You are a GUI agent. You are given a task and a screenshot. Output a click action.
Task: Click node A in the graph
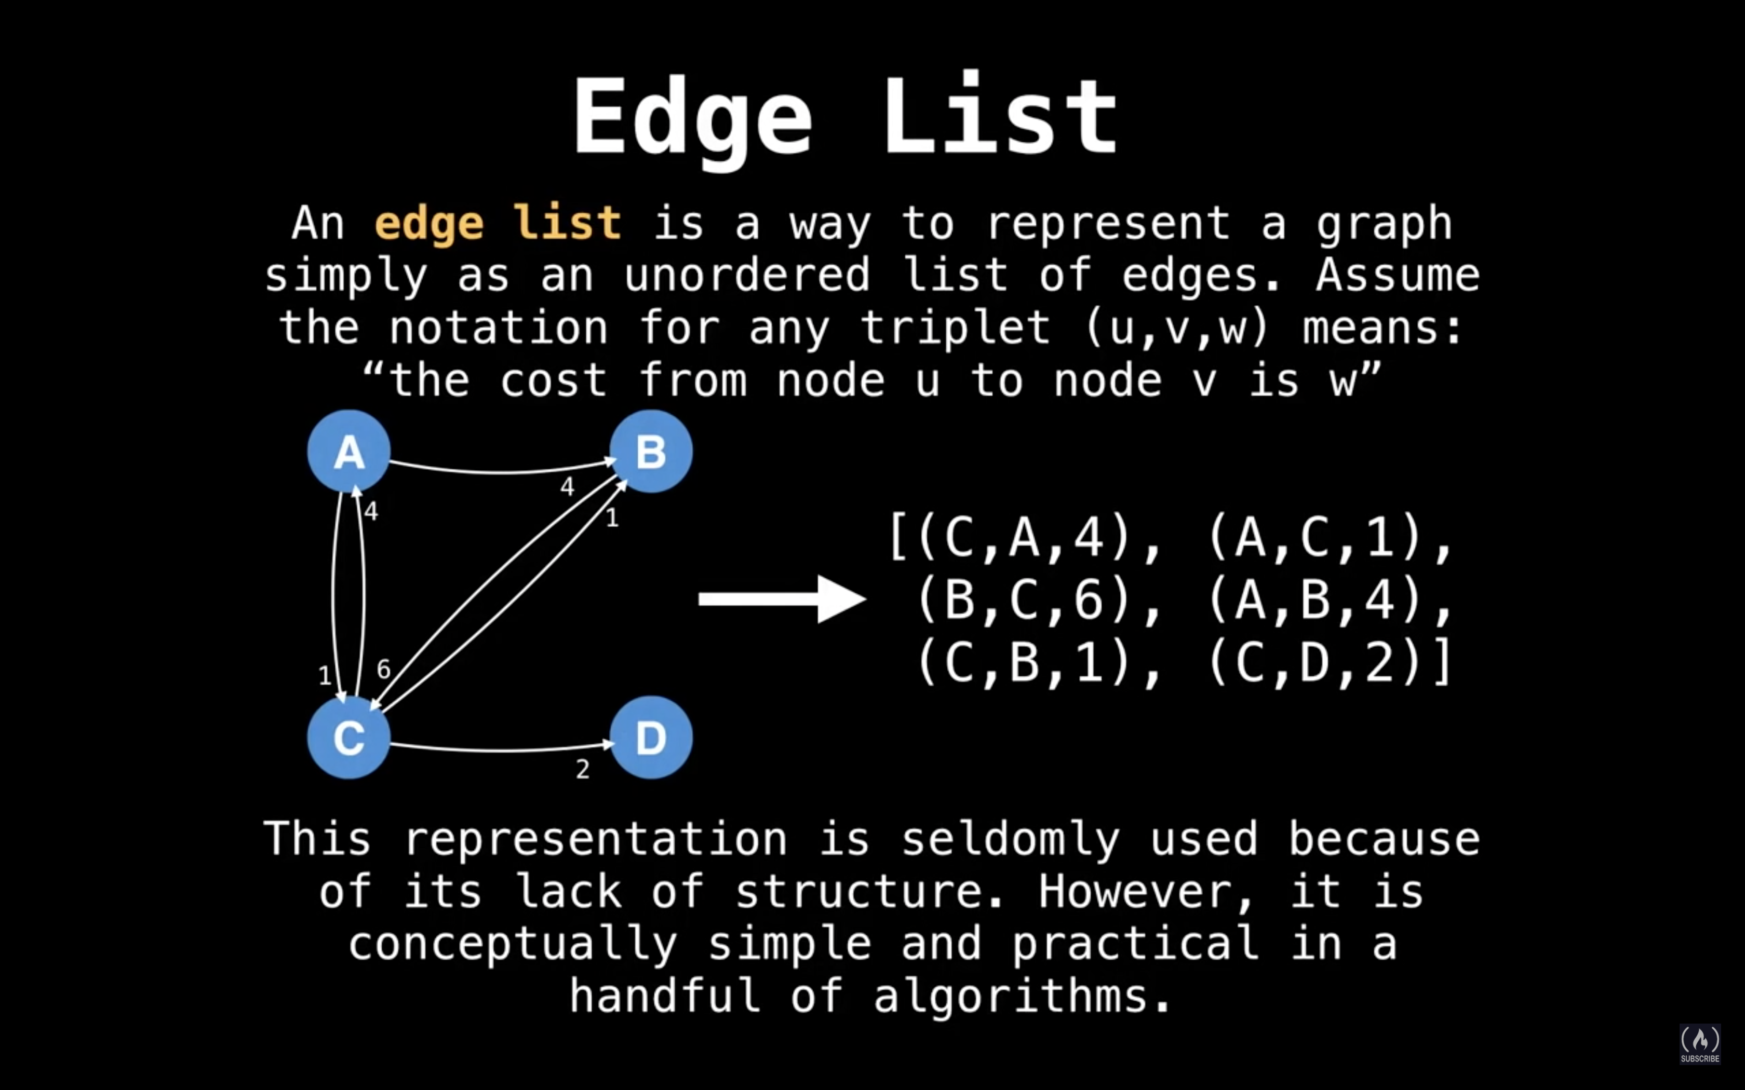tap(349, 451)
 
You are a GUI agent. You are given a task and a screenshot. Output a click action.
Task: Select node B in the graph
tap(651, 451)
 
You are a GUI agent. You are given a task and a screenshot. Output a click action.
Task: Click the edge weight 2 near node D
tap(583, 769)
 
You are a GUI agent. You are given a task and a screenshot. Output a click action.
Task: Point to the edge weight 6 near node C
tap(384, 670)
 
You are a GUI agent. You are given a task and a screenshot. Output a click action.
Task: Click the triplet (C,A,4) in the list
tap(1024, 537)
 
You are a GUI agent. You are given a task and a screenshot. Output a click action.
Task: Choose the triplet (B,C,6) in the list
tap(1024, 600)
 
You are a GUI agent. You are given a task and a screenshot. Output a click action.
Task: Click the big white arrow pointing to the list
tap(782, 599)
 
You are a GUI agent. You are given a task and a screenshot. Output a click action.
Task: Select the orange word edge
tap(429, 224)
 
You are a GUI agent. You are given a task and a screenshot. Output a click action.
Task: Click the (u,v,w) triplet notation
tap(1177, 329)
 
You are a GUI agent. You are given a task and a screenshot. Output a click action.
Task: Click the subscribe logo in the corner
tap(1700, 1043)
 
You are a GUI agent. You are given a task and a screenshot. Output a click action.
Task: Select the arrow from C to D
tap(501, 750)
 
